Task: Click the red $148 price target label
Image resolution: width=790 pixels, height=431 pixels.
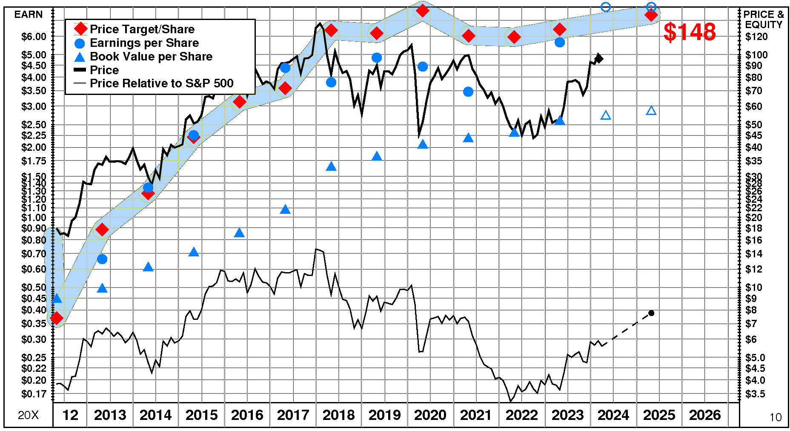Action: (690, 32)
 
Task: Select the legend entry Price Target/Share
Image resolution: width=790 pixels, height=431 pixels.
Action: (142, 29)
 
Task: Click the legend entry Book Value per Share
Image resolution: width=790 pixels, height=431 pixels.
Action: (151, 56)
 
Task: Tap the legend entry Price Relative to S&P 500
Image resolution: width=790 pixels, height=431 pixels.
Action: (161, 83)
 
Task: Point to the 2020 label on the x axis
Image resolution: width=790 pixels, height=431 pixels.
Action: (430, 415)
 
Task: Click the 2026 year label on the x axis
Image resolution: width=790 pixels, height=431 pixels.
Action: (705, 415)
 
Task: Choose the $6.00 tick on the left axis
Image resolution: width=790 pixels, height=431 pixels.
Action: (34, 37)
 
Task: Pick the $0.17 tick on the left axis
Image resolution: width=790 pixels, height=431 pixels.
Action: (34, 394)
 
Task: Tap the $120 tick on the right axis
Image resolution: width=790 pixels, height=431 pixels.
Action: (756, 37)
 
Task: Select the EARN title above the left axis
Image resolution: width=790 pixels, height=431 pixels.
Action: (29, 14)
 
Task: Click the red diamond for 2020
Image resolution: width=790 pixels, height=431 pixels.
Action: (422, 10)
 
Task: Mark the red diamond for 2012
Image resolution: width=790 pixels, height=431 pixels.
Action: (56, 318)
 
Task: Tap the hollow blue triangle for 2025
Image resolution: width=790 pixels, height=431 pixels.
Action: (651, 111)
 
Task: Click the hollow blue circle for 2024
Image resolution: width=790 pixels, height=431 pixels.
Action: (606, 7)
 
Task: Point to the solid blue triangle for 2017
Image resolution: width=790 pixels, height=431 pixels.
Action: (285, 209)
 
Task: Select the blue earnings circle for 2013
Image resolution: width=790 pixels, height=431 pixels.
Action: (102, 259)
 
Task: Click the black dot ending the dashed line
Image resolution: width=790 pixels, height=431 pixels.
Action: (651, 313)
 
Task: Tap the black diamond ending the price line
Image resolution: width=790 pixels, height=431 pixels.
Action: (598, 58)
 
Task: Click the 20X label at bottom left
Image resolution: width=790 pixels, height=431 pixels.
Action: (28, 415)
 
